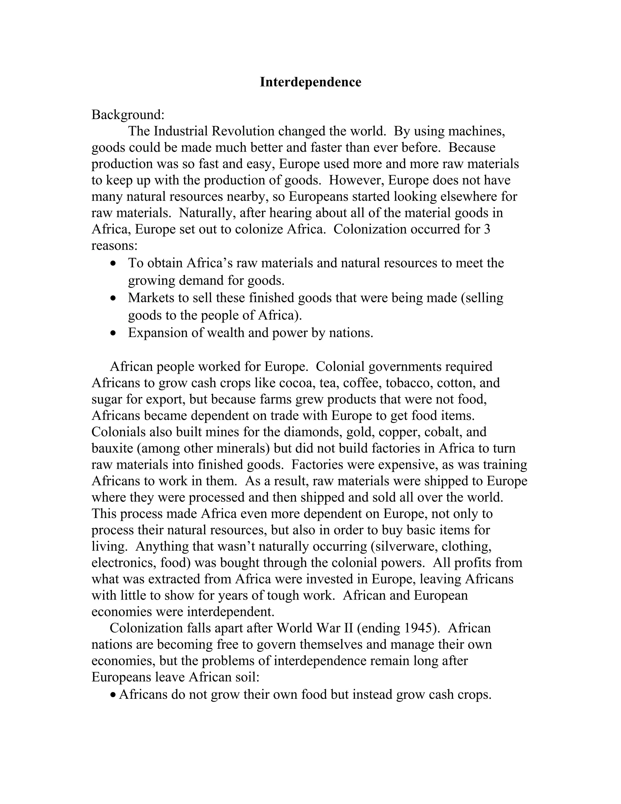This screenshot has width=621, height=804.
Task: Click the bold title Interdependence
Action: [x=310, y=82]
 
